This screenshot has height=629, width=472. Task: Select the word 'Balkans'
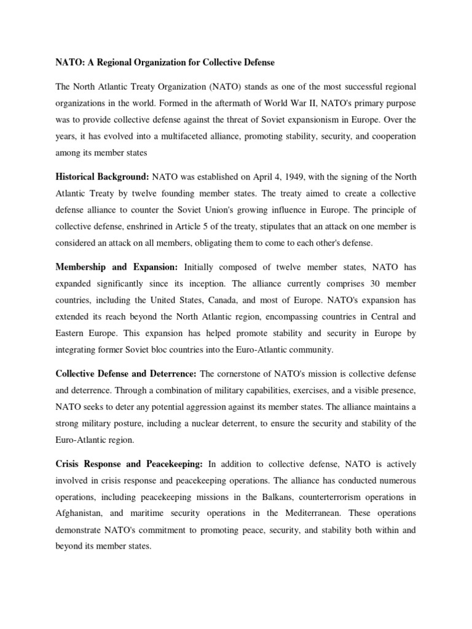coord(265,497)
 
